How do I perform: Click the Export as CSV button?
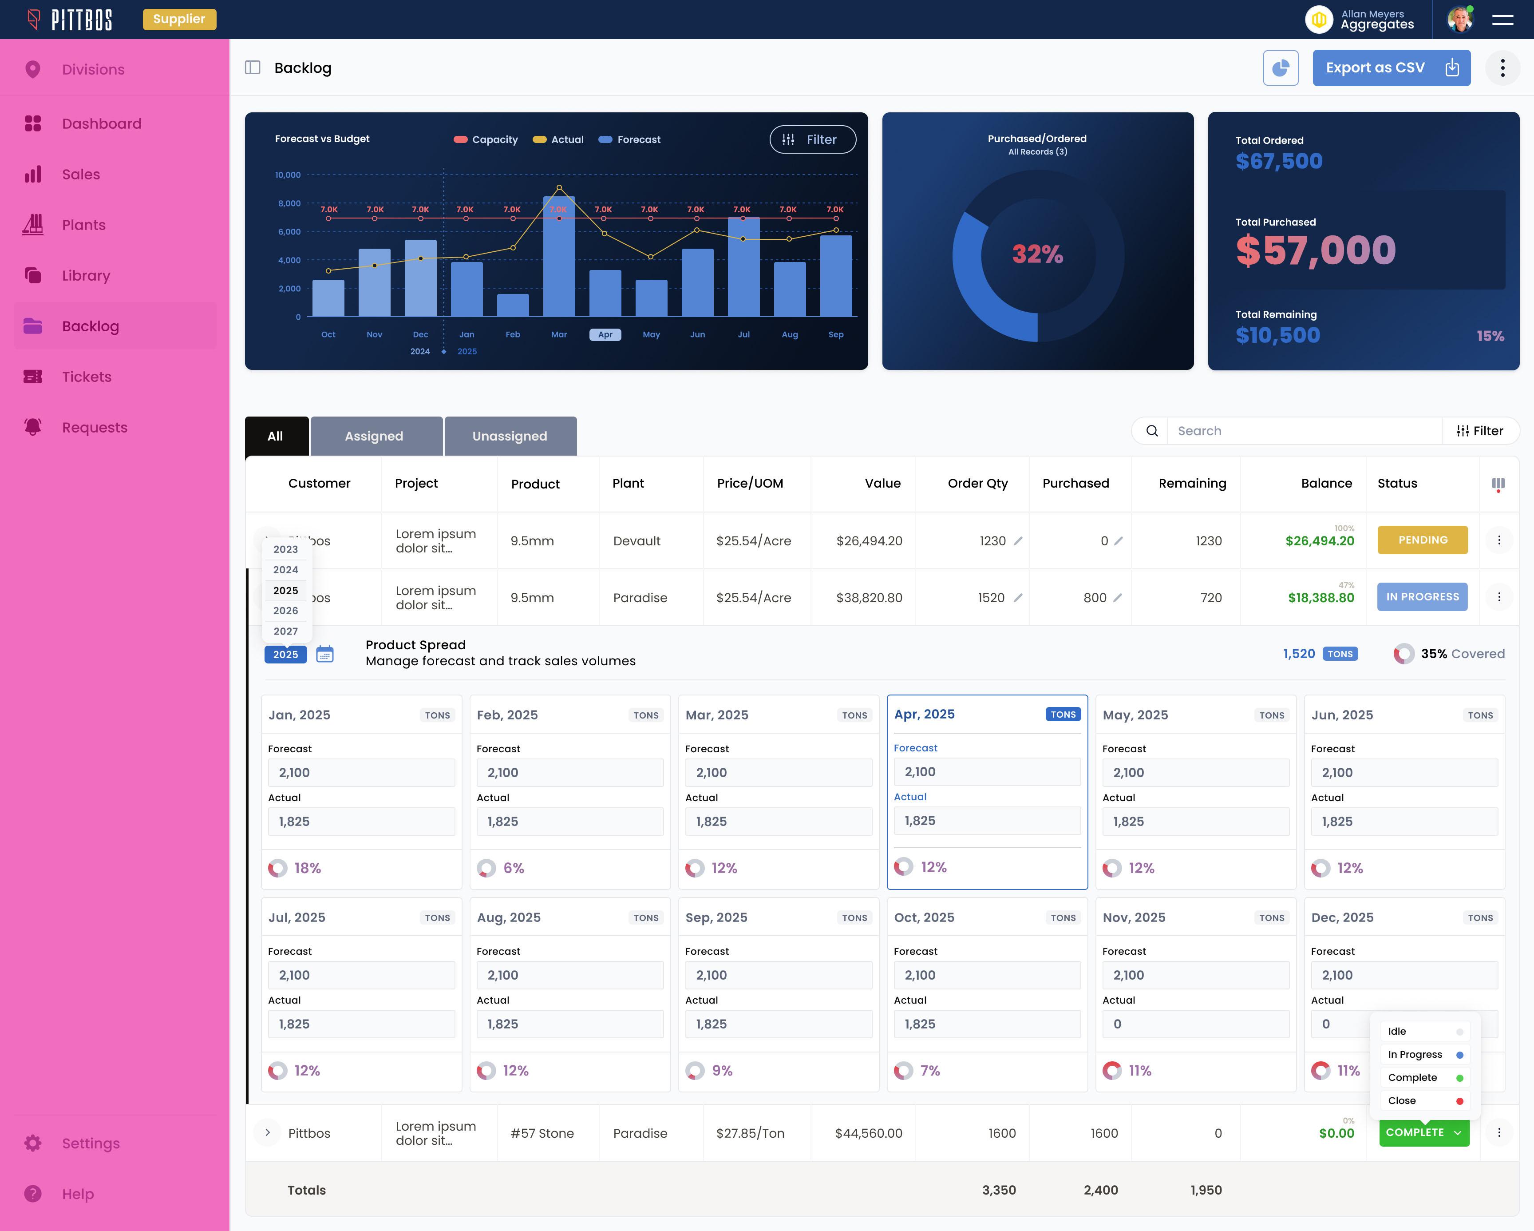[1390, 68]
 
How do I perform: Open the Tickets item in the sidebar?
[86, 377]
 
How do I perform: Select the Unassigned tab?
[510, 436]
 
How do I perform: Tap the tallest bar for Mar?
[558, 256]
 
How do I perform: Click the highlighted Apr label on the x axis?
[605, 335]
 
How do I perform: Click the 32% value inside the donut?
[1037, 254]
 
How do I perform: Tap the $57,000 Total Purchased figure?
[1315, 250]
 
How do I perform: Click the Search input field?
[1304, 431]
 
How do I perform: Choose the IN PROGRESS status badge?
[1422, 597]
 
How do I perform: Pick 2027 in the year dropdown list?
[285, 631]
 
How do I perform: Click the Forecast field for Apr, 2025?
[986, 772]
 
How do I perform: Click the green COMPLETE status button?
[1422, 1132]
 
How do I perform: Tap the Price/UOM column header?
[749, 484]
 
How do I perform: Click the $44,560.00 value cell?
[868, 1133]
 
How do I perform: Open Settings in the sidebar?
[91, 1143]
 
